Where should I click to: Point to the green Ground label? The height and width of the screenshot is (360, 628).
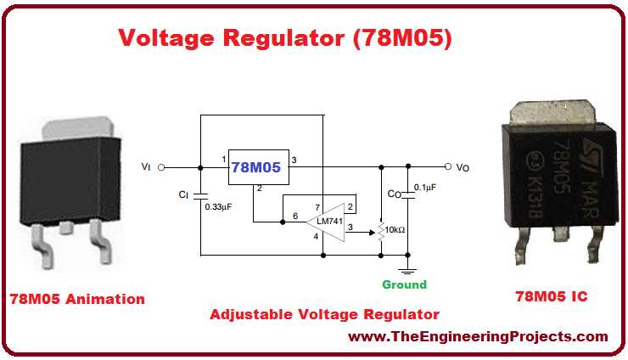tap(403, 284)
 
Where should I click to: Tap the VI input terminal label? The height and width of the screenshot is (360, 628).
tap(146, 167)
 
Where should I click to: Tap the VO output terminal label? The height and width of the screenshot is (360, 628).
tap(463, 167)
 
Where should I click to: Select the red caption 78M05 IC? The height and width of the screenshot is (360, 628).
tap(552, 296)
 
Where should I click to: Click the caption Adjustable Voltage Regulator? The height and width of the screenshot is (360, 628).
tap(324, 314)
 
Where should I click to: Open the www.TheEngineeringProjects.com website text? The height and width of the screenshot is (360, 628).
tap(479, 337)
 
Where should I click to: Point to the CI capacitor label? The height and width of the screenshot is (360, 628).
tap(183, 194)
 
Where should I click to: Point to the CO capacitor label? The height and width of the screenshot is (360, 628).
tap(394, 194)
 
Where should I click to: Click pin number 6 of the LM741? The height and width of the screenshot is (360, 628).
tap(294, 217)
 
